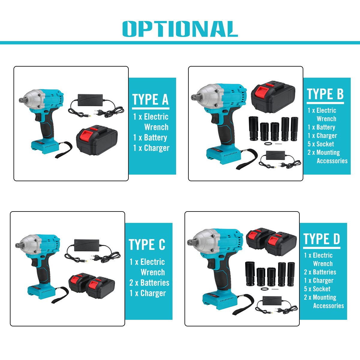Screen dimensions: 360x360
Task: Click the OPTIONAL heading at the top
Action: coord(180,29)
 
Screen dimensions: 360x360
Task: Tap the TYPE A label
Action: coord(151,100)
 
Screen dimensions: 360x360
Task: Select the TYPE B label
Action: coord(325,94)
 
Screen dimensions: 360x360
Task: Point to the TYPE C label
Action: coord(147,244)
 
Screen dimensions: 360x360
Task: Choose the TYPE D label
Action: coord(322,239)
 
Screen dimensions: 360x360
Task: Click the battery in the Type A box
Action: coord(97,140)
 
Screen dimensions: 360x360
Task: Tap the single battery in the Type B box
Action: coord(273,97)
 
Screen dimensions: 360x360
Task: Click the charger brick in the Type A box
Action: coord(90,100)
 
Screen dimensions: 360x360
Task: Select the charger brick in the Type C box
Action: coord(87,245)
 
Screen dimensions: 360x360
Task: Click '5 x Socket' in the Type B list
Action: coord(321,144)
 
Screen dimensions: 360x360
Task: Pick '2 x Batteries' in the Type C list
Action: coord(149,283)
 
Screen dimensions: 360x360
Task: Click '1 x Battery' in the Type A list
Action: coord(150,137)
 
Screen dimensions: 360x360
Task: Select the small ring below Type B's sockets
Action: coord(268,144)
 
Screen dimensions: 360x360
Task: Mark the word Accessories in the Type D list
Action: coord(328,306)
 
